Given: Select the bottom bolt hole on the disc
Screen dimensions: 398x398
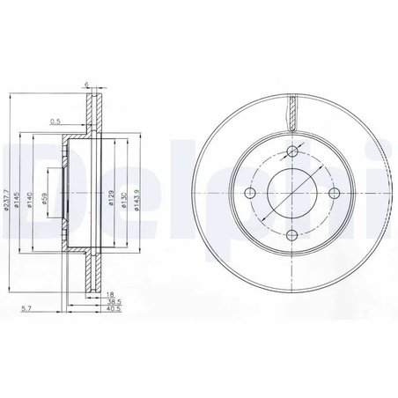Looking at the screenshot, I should pos(291,233).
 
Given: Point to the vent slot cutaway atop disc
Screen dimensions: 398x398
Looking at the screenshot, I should pos(291,112).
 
